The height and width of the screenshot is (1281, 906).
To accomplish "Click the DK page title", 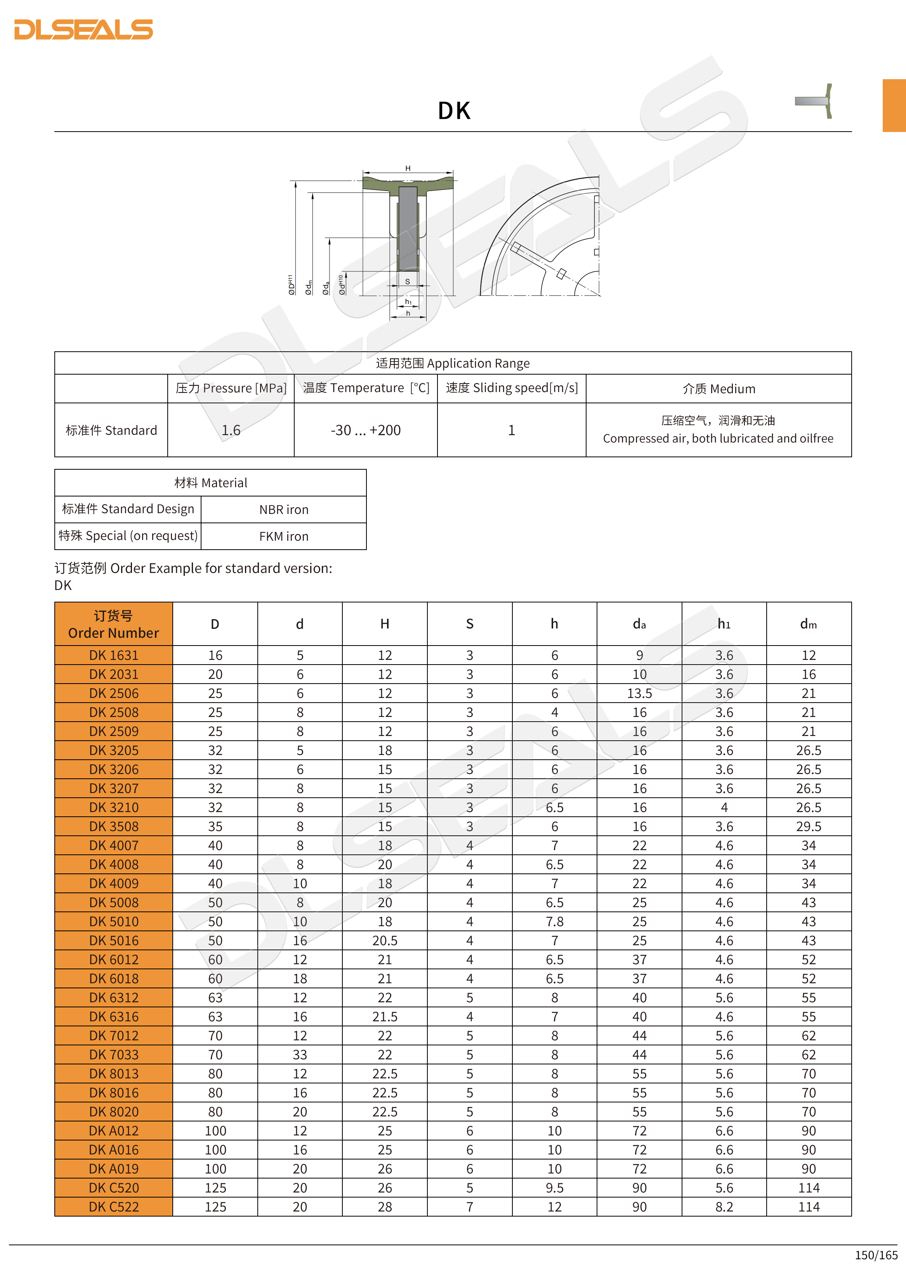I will coord(454,111).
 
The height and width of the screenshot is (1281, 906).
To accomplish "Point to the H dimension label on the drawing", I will coord(408,168).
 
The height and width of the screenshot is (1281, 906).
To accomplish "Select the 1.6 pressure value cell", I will coord(231,430).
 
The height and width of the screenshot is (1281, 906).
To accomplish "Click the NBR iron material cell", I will coord(283,509).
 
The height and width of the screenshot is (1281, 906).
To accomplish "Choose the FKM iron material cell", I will coord(283,536).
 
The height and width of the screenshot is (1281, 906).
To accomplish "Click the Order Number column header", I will coord(113,624).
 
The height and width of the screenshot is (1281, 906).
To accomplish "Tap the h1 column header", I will coord(724,624).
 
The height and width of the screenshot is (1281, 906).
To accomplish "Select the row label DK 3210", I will coord(114,807).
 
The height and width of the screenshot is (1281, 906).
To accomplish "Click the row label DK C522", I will coord(114,1207).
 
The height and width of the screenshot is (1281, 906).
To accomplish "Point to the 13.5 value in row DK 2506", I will coord(639,694).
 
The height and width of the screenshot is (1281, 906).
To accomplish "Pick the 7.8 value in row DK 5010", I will coord(555,922).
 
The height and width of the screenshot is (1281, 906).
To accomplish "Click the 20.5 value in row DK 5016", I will coord(385,941).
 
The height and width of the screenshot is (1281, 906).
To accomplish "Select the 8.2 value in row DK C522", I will coord(724,1207).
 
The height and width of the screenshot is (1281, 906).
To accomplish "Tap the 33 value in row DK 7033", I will coord(300,1054).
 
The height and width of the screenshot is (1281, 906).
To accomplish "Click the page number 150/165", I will coord(876,1255).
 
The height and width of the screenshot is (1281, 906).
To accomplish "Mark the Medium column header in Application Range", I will coord(719,389).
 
